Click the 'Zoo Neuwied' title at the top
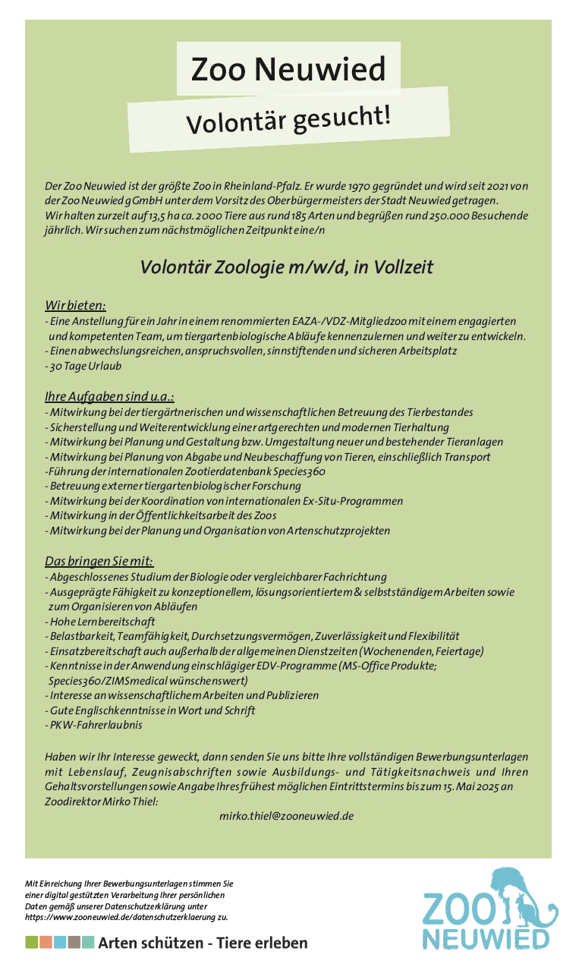(x=288, y=70)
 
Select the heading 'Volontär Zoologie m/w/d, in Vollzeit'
(x=286, y=267)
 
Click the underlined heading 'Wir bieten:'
(x=75, y=306)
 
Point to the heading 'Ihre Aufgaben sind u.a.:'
(x=110, y=397)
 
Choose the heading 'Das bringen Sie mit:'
(x=99, y=562)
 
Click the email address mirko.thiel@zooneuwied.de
(x=287, y=816)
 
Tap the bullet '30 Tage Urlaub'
(x=85, y=366)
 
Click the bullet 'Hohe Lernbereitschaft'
(x=102, y=622)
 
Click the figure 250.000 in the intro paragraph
(x=436, y=216)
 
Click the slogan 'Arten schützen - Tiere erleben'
(x=203, y=943)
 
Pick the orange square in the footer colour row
(x=46, y=943)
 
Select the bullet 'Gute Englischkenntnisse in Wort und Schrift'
(x=152, y=710)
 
